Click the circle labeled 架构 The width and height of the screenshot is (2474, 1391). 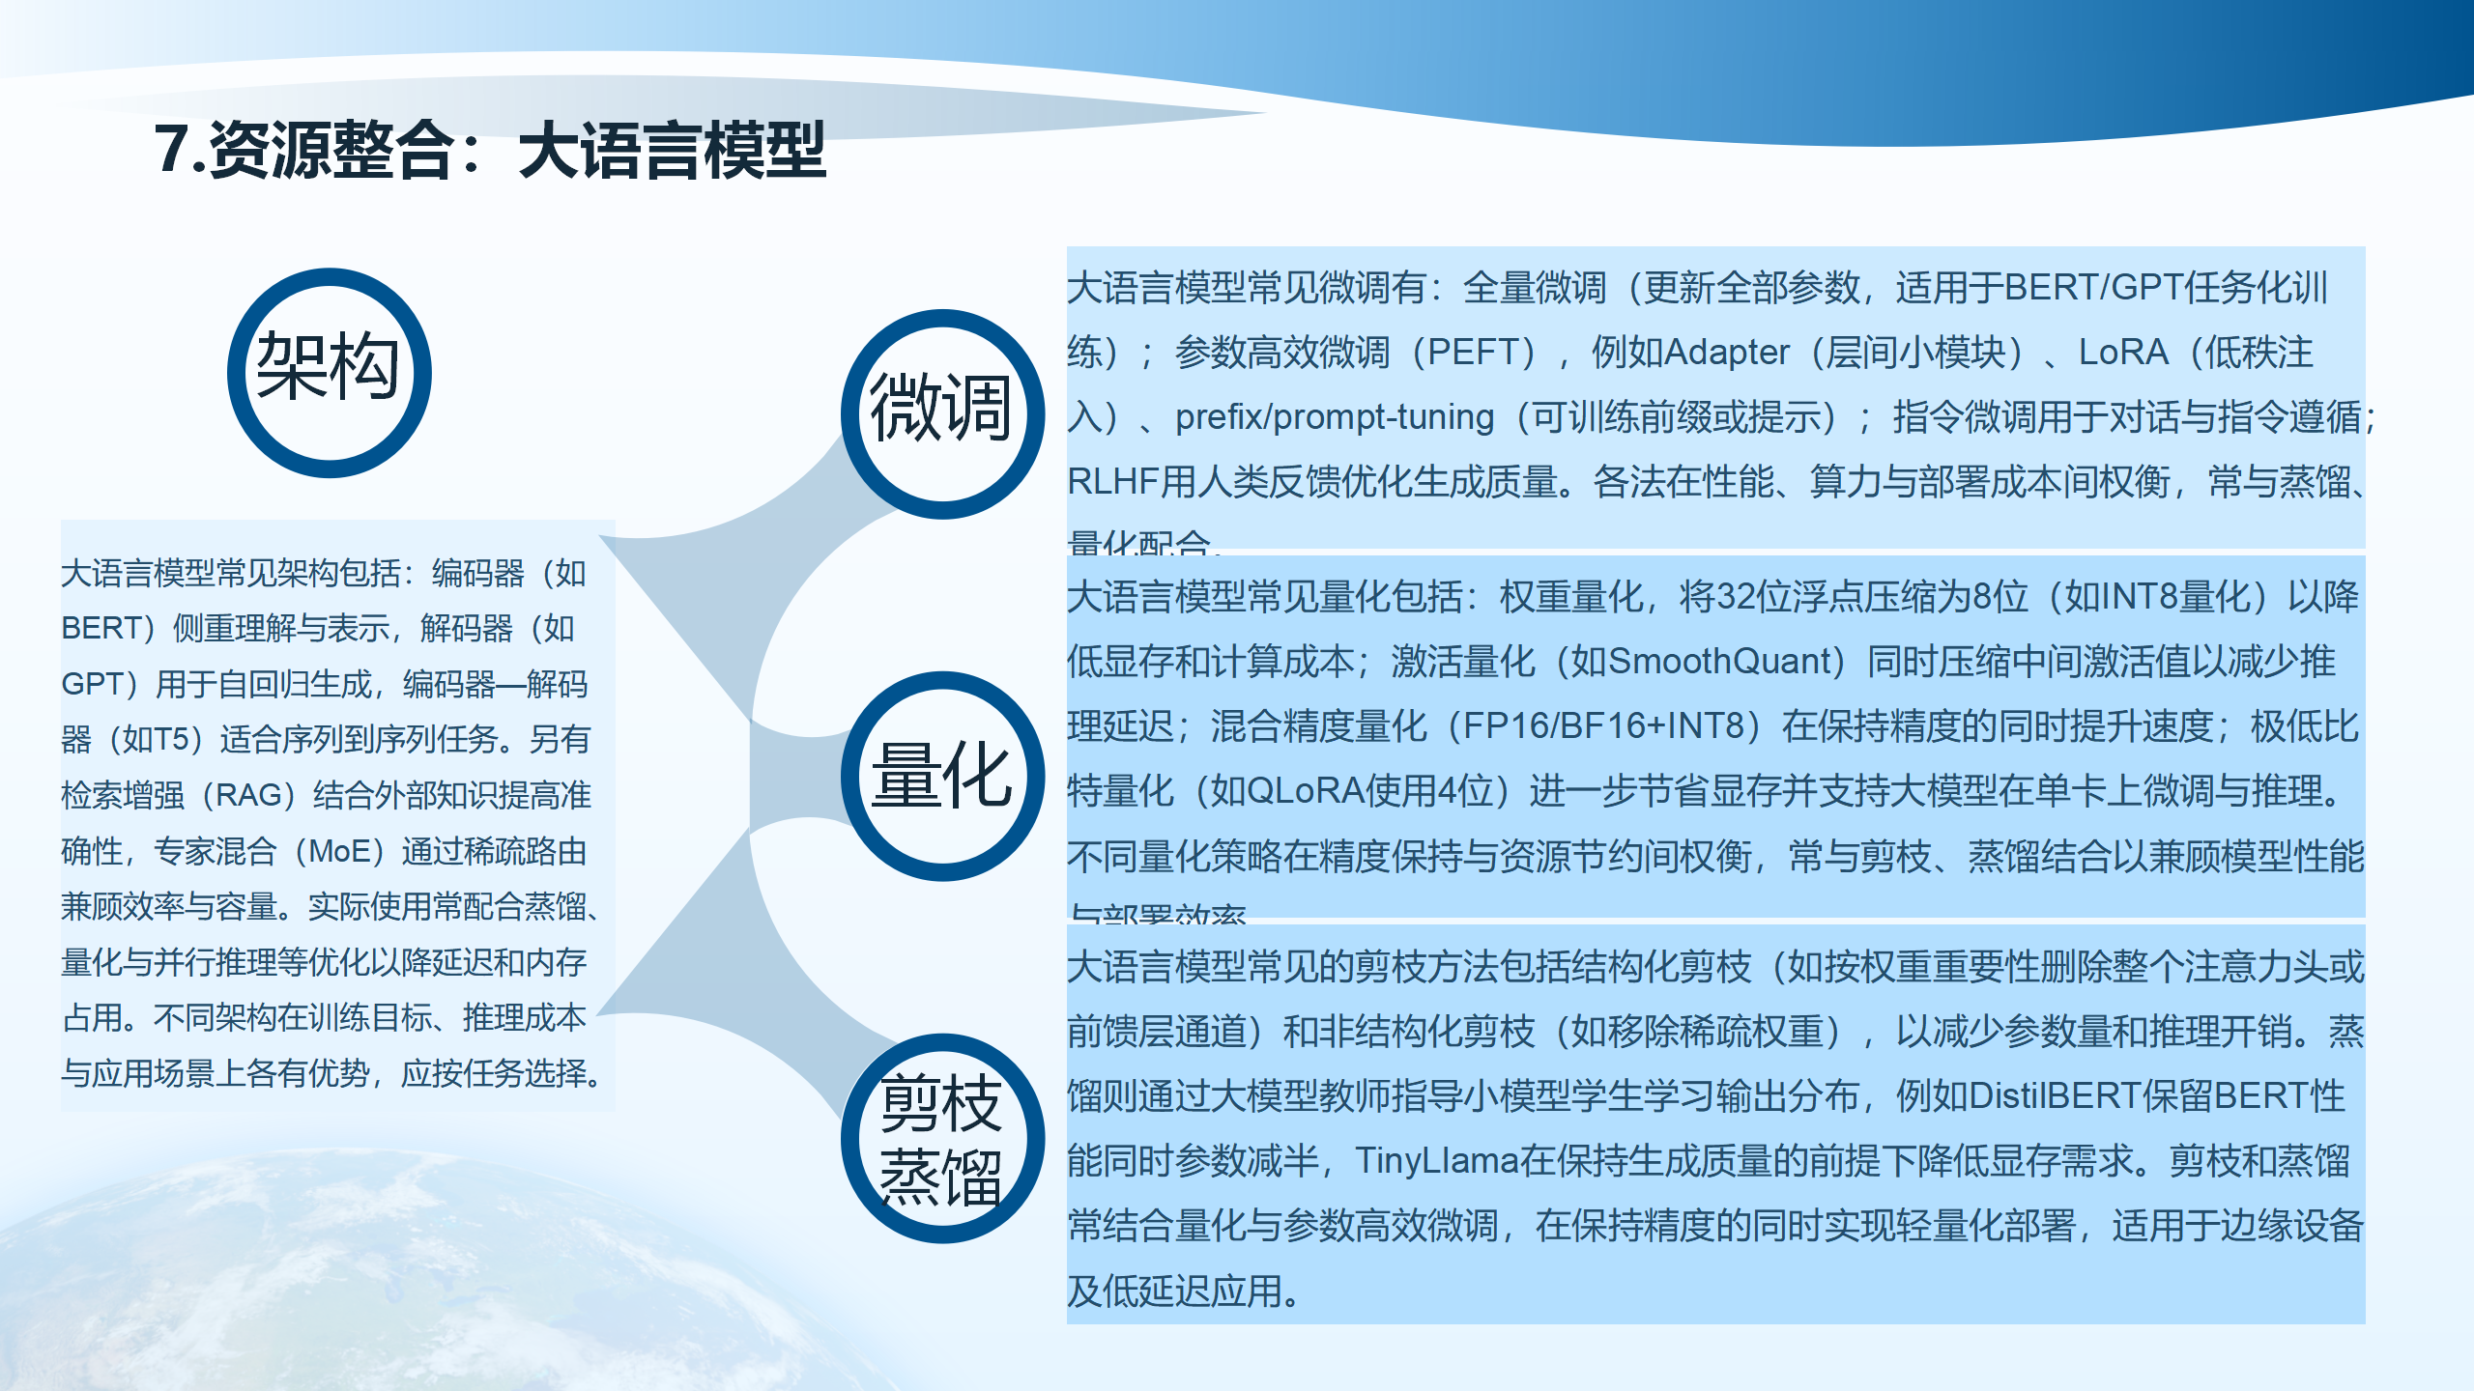(329, 372)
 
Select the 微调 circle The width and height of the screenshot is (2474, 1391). (942, 413)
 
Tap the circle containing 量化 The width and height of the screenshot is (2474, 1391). (942, 776)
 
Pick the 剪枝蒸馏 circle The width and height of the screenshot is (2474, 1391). (942, 1138)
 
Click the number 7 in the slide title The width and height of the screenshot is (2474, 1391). (171, 150)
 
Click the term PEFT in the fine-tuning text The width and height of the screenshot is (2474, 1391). (1481, 353)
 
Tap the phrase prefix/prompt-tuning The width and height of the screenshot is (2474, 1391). (1335, 417)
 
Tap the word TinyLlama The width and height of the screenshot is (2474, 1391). (1436, 1161)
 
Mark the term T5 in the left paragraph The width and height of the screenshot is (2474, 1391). (167, 740)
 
